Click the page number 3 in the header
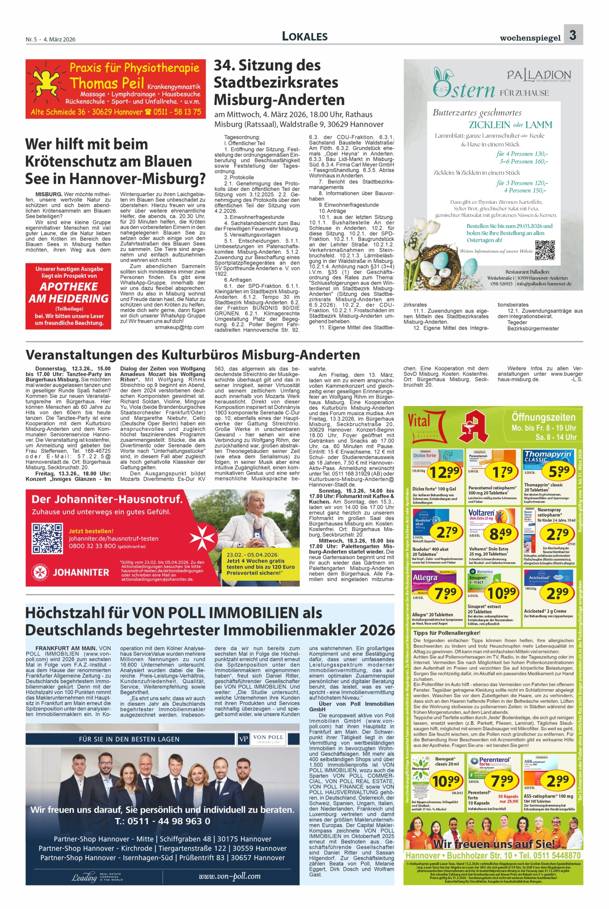coord(573,35)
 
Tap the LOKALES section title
coord(304,37)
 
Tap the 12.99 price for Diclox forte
coord(445,472)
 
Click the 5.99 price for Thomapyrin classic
coord(558,472)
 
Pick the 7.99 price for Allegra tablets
coord(445,593)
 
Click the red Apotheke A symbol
coord(474,427)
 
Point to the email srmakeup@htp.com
coord(179,327)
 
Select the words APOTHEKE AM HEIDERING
coord(68,293)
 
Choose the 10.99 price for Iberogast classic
coord(445,780)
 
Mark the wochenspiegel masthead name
coord(530,38)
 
